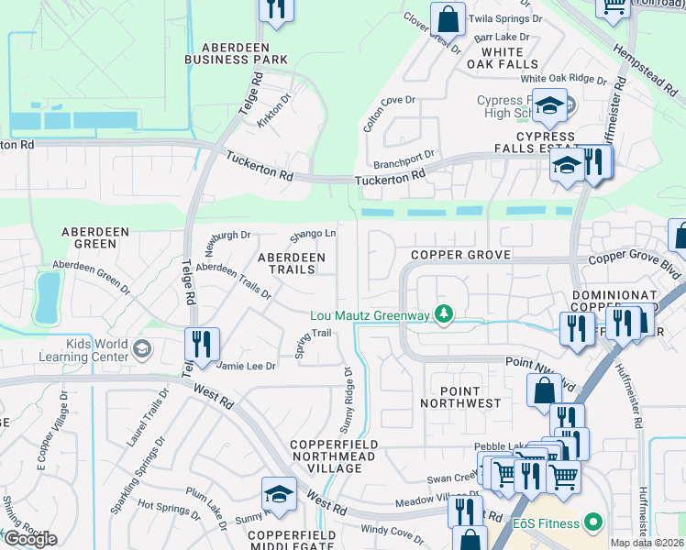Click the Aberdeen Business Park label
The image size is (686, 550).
click(x=236, y=53)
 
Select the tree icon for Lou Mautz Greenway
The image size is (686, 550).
click(x=444, y=315)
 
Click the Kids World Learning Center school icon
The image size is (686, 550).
click(x=141, y=348)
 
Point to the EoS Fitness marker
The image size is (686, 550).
click(x=592, y=523)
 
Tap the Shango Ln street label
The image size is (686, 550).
click(x=313, y=235)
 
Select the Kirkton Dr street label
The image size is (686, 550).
click(x=273, y=112)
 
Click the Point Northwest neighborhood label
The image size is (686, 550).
click(x=460, y=396)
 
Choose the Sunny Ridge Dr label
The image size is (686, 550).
click(x=347, y=400)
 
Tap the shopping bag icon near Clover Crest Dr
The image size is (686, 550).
click(x=447, y=18)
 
